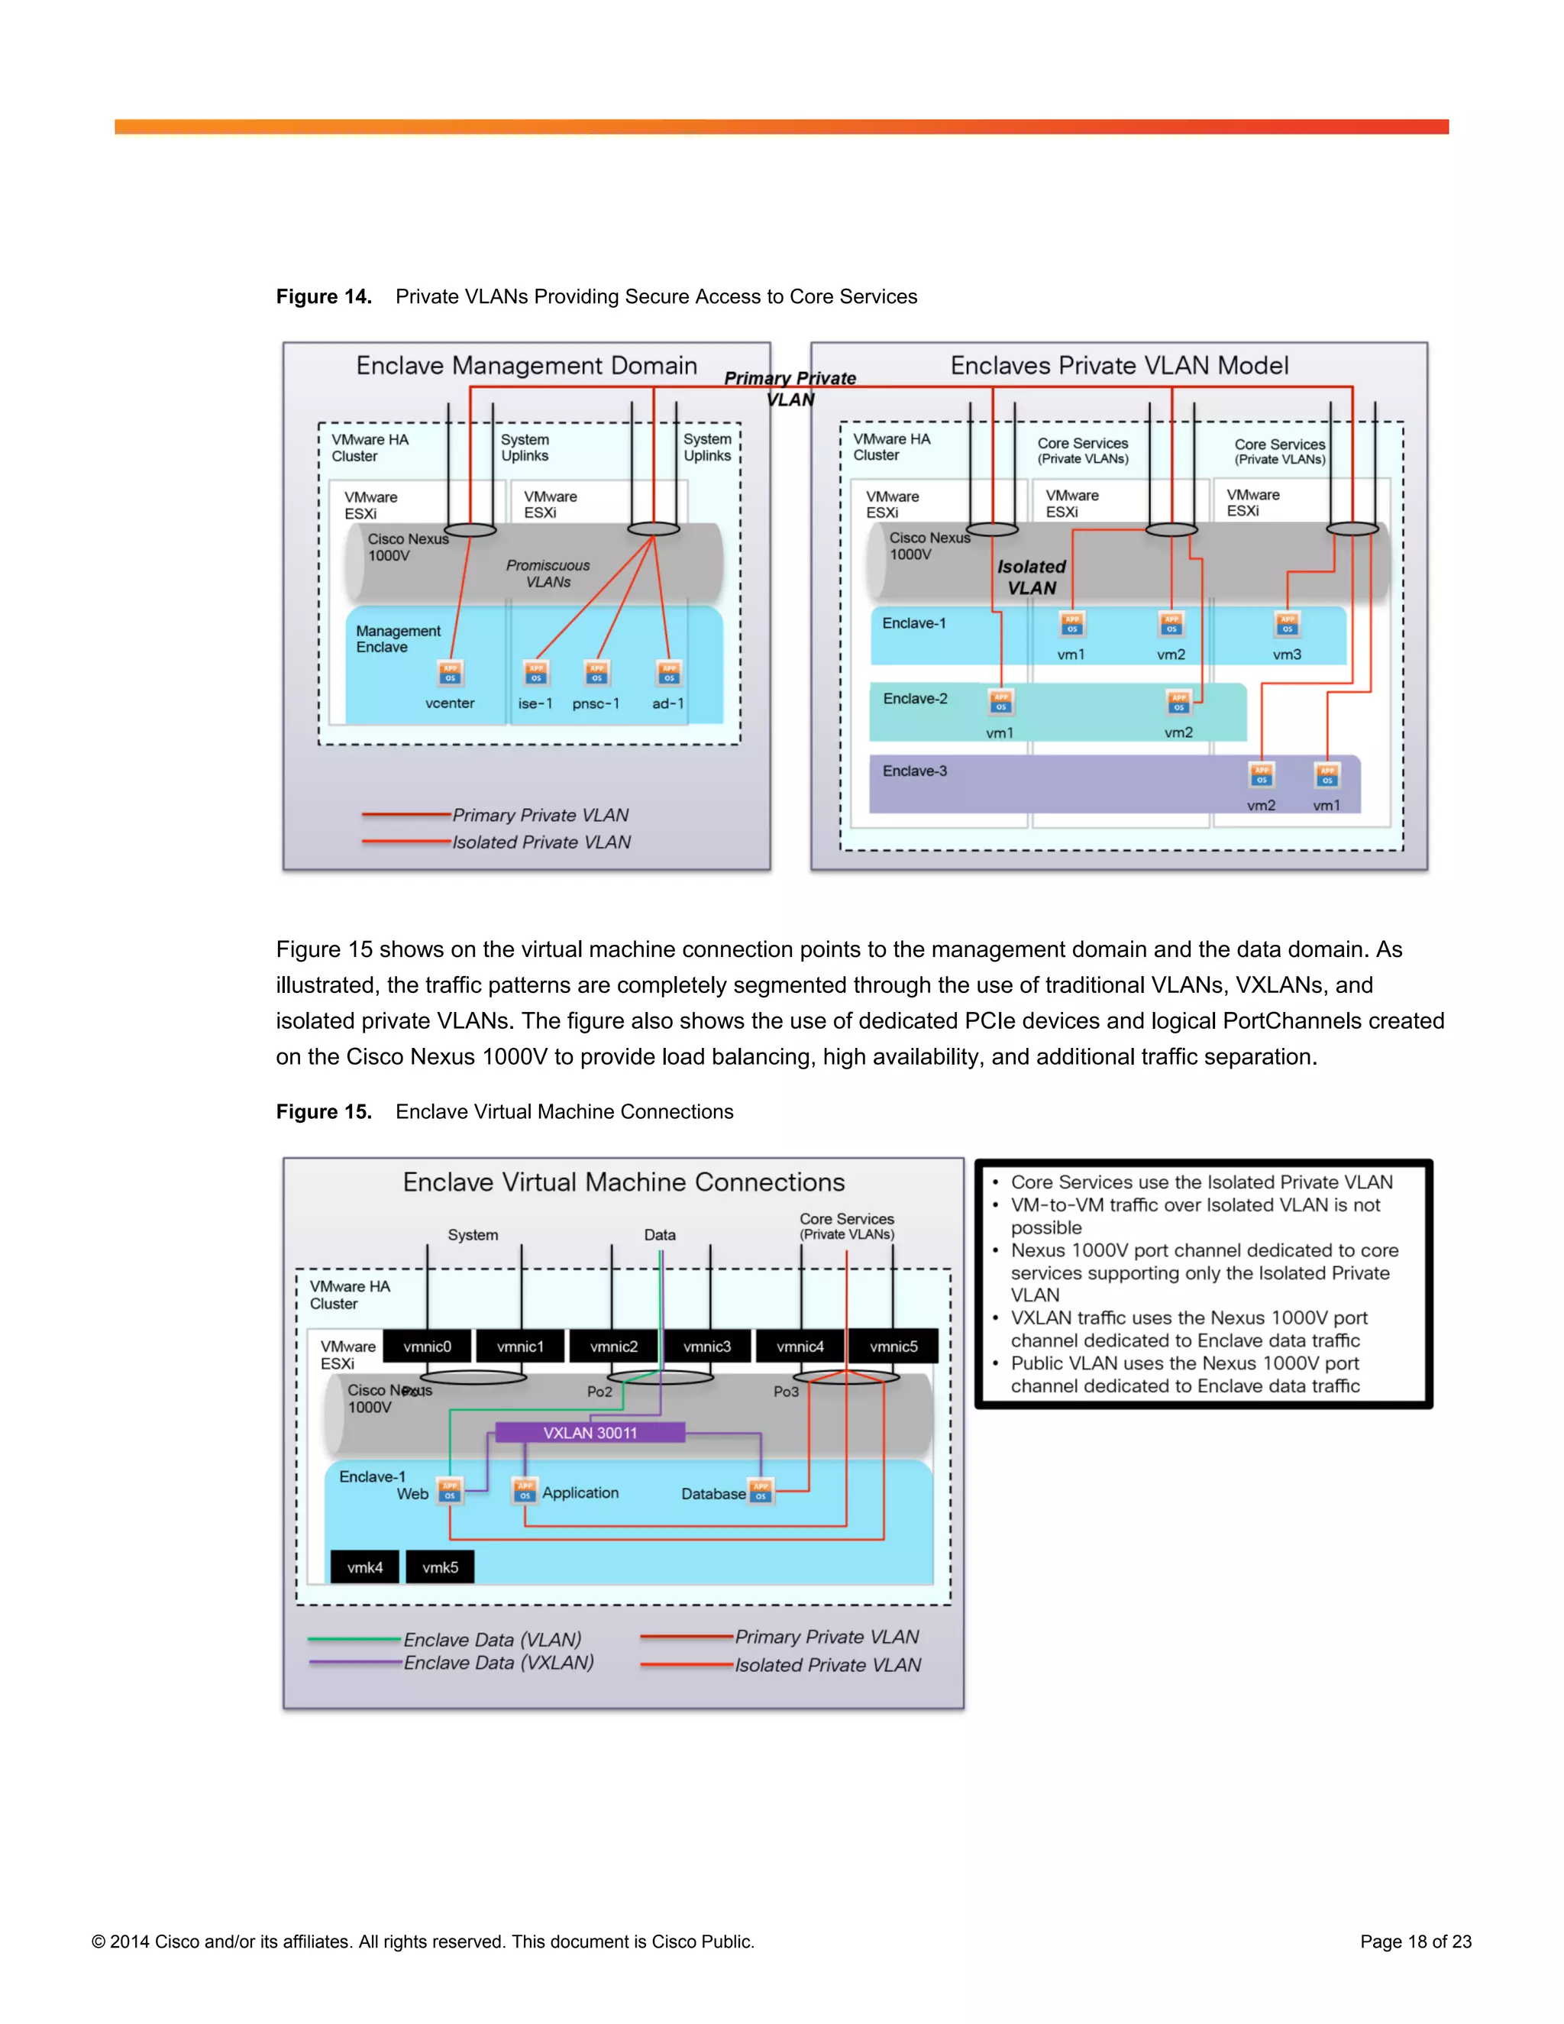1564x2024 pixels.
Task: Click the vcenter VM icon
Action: tap(451, 673)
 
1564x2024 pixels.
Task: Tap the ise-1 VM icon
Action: tap(535, 673)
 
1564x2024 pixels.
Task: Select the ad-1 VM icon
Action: tap(668, 673)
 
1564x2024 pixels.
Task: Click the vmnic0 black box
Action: tap(427, 1347)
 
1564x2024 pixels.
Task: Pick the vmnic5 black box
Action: tap(893, 1347)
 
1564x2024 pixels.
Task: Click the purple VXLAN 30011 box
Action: tap(590, 1433)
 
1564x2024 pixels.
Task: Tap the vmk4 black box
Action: tap(365, 1567)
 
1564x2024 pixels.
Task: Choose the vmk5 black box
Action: tap(440, 1567)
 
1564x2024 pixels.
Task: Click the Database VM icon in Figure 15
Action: tap(761, 1491)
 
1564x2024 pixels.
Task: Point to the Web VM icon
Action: tap(449, 1491)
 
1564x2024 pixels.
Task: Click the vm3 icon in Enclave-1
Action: tap(1287, 625)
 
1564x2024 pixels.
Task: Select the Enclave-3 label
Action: tap(914, 771)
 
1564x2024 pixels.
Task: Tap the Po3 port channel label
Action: tap(786, 1391)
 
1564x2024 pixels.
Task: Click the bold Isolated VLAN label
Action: tap(1031, 577)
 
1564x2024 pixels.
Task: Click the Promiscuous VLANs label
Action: tap(548, 574)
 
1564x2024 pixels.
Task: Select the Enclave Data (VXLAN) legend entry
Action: tap(499, 1663)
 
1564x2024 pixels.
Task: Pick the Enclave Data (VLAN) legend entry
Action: tap(492, 1639)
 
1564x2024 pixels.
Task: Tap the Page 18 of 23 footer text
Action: tap(1415, 1942)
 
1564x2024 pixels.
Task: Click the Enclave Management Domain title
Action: tap(526, 366)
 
